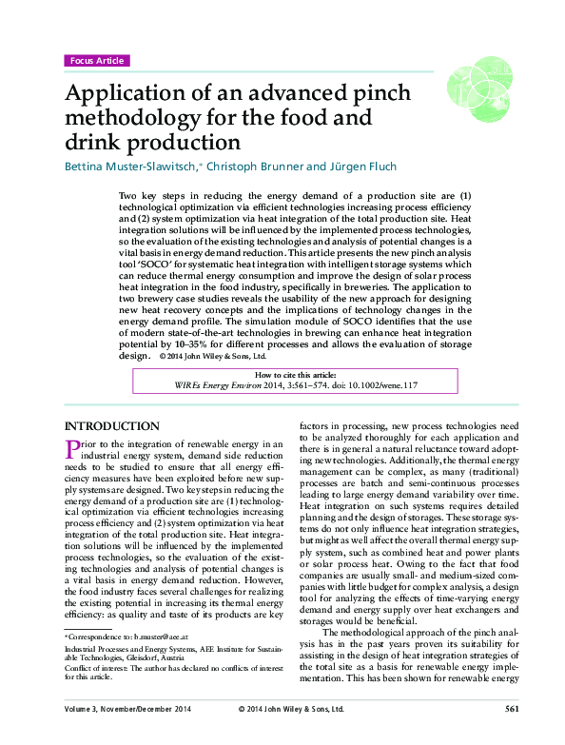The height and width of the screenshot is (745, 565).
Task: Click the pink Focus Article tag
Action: [95, 61]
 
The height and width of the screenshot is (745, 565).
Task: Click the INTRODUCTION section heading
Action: [110, 426]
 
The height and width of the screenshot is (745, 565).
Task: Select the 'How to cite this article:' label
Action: [282, 377]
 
